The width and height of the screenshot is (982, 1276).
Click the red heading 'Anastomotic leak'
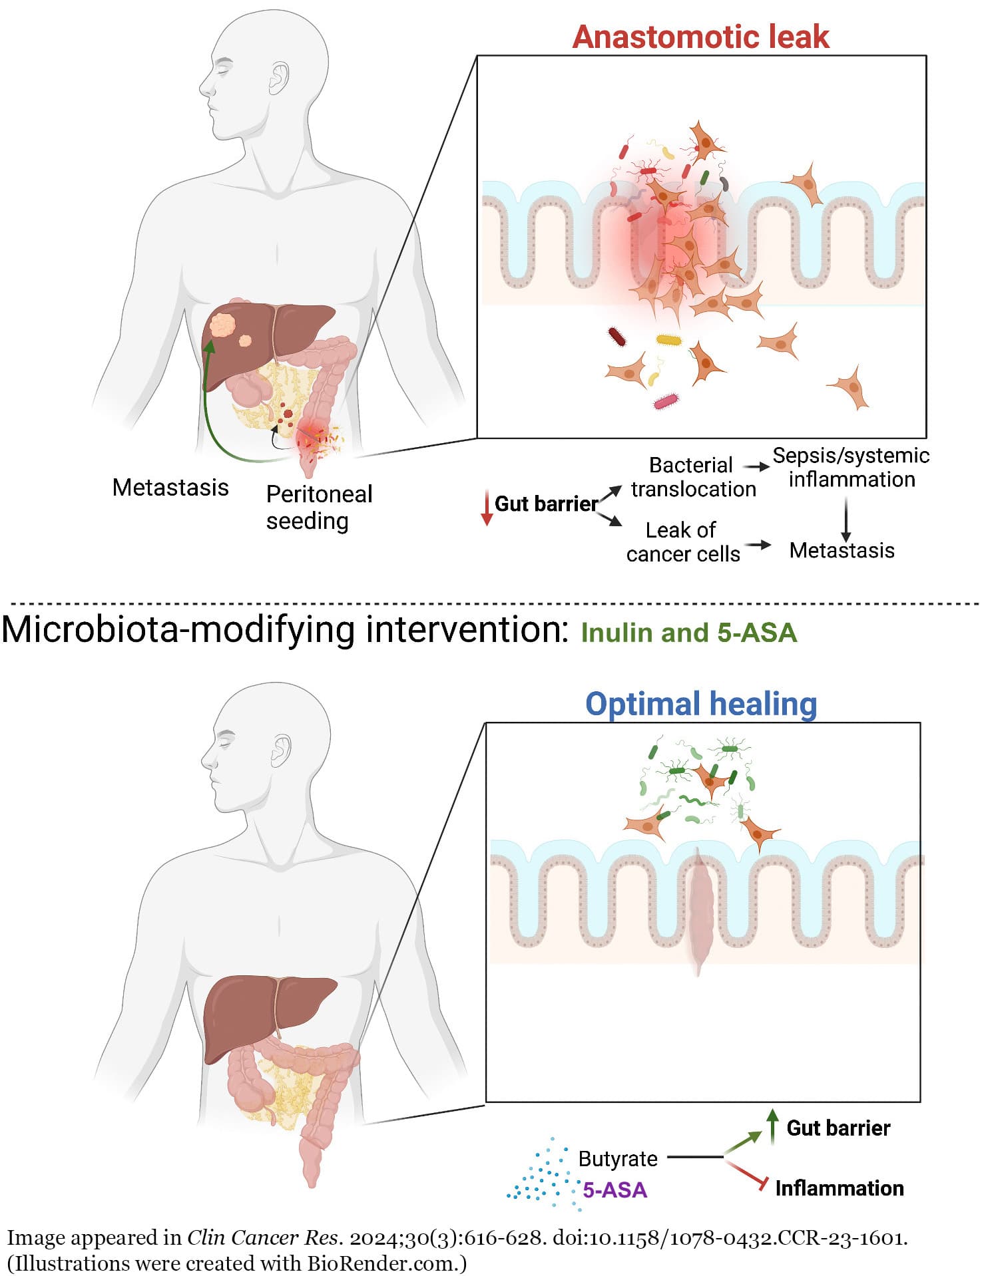pos(700,37)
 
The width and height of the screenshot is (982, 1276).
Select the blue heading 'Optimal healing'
pos(701,704)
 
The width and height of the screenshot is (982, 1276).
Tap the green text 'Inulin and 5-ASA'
pos(688,633)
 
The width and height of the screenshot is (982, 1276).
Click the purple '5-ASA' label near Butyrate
pos(614,1190)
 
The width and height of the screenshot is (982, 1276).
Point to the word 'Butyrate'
pos(618,1159)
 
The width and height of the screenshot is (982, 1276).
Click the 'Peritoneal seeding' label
pos(319,507)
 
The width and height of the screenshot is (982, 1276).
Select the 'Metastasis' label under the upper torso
pos(170,488)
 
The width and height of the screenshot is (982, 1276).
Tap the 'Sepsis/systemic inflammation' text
pos(851,467)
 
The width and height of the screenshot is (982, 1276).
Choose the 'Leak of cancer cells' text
pos(682,542)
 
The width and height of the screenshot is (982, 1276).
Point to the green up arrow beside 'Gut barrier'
pos(772,1126)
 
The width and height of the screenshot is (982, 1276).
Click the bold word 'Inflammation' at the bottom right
pos(839,1188)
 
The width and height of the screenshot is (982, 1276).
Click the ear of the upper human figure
pos(279,79)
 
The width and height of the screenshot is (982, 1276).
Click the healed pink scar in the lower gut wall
pos(698,911)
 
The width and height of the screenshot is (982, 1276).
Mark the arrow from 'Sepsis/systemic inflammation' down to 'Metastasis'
pos(846,518)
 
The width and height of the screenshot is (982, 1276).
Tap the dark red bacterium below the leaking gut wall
pos(617,337)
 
